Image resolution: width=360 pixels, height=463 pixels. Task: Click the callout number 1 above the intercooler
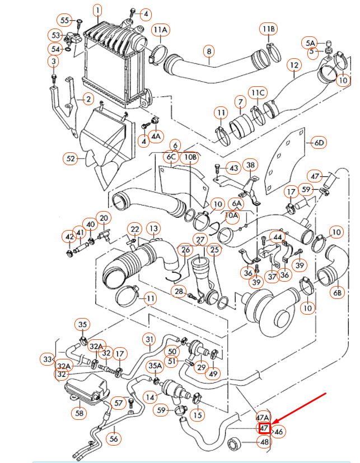click(x=97, y=10)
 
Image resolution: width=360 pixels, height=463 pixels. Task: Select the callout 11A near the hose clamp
click(x=161, y=30)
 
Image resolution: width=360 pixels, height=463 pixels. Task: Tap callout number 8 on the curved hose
click(x=209, y=52)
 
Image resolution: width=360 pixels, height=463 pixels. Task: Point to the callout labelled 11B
click(x=268, y=29)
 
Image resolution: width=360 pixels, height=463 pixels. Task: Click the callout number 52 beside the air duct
click(x=71, y=158)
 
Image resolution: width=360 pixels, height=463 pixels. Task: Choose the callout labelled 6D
click(x=319, y=143)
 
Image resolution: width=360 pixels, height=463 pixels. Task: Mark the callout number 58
click(x=80, y=413)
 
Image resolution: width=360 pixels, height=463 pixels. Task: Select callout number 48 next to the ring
click(x=263, y=442)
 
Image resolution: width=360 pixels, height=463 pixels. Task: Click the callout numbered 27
click(x=200, y=240)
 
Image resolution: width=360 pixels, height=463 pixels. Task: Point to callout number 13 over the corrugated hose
click(x=153, y=228)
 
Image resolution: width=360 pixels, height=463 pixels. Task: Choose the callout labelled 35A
click(x=155, y=366)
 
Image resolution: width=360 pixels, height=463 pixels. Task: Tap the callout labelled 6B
click(x=337, y=292)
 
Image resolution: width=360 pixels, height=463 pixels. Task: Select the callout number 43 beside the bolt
click(x=233, y=167)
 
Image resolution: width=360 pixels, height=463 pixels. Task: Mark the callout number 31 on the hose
click(x=149, y=339)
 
